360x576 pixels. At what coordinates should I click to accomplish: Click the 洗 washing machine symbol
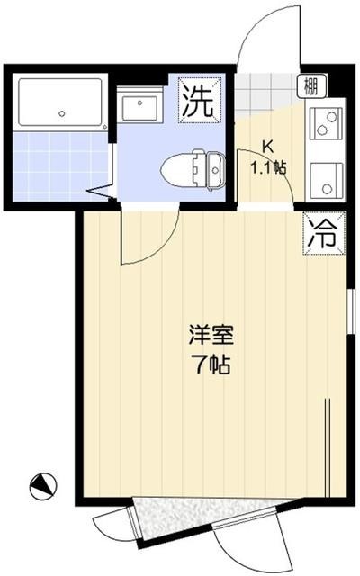point(198,99)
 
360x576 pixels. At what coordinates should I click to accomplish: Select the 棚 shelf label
point(310,85)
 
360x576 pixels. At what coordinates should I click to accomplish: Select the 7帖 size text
point(211,364)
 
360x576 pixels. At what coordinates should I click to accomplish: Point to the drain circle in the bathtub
point(62,114)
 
